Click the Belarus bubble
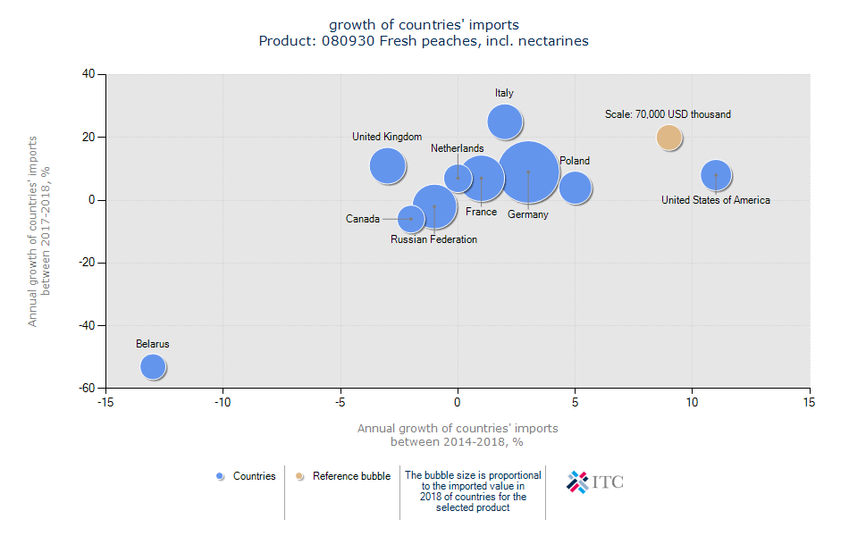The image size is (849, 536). pyautogui.click(x=154, y=366)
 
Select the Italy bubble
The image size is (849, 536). pyautogui.click(x=505, y=122)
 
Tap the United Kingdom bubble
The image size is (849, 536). pyautogui.click(x=387, y=165)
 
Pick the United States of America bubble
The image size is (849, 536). pyautogui.click(x=716, y=175)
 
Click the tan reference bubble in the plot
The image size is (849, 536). pyautogui.click(x=669, y=138)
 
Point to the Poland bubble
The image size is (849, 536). pyautogui.click(x=576, y=188)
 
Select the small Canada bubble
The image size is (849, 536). pyautogui.click(x=411, y=219)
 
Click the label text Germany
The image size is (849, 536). pyautogui.click(x=527, y=214)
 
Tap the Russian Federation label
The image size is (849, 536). pyautogui.click(x=433, y=239)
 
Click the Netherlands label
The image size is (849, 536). pyautogui.click(x=457, y=148)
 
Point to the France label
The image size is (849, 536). pyautogui.click(x=481, y=212)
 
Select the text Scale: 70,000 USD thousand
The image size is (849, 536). pyautogui.click(x=668, y=114)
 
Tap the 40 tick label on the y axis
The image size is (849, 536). pyautogui.click(x=88, y=74)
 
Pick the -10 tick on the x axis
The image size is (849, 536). pyautogui.click(x=223, y=403)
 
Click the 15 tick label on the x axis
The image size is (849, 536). pyautogui.click(x=810, y=403)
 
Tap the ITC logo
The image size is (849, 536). pyautogui.click(x=595, y=482)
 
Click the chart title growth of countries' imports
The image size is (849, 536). pyautogui.click(x=424, y=24)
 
